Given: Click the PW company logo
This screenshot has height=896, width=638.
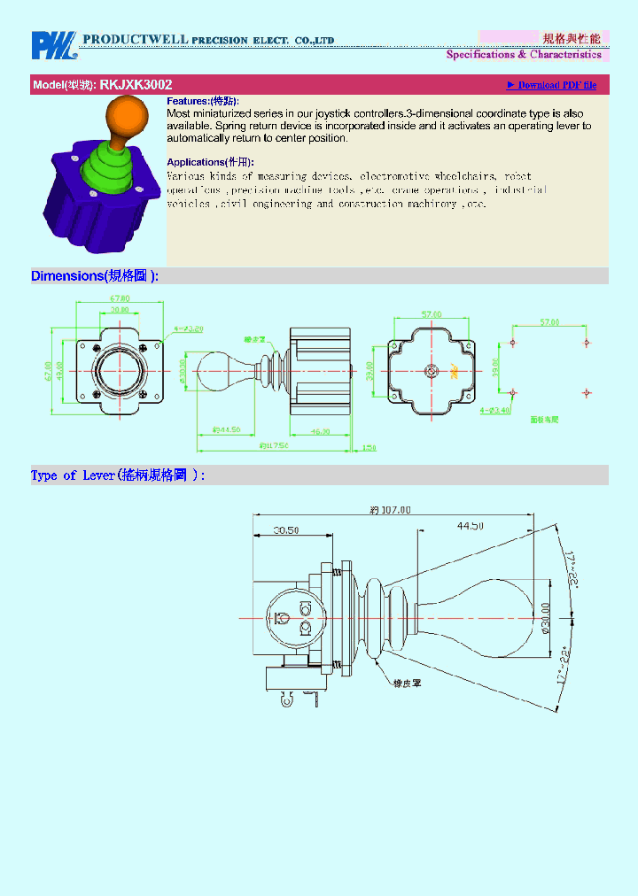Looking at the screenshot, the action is tap(54, 45).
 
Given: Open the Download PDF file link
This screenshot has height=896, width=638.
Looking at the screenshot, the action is tap(551, 85).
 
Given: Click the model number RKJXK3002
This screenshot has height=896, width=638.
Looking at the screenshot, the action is tap(136, 85).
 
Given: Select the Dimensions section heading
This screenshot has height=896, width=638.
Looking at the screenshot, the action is tap(94, 276).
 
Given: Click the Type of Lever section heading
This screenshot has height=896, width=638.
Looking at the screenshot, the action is tap(117, 475).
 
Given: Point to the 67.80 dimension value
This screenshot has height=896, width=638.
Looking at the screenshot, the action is tap(120, 299).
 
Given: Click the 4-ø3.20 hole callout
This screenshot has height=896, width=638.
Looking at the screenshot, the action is tap(189, 328).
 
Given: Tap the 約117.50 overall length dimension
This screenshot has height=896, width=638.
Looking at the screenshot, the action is tap(274, 445).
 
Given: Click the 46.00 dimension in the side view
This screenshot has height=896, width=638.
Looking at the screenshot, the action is tap(320, 432).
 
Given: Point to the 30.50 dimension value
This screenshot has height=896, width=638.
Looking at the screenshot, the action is tap(285, 530).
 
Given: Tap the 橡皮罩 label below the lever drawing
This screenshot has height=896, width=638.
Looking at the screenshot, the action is tap(407, 684).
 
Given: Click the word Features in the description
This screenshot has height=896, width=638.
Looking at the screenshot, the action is tap(187, 102).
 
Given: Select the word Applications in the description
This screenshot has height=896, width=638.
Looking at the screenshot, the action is tap(195, 162).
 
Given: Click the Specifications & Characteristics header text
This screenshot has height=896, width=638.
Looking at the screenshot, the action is tap(524, 55).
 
